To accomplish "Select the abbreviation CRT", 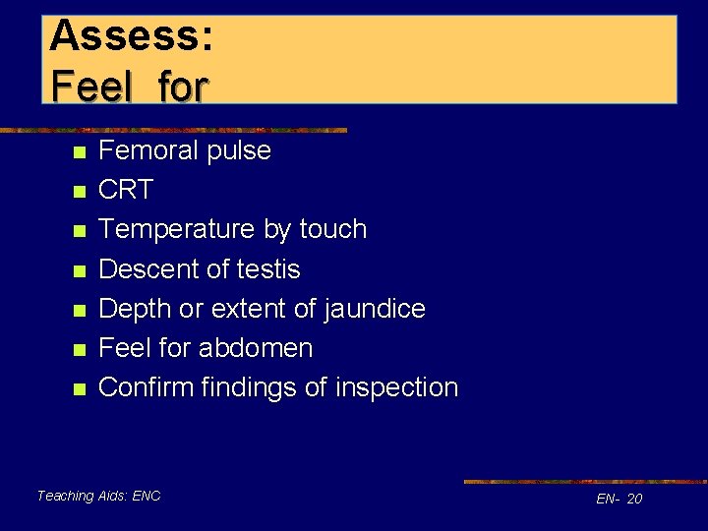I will tap(126, 190).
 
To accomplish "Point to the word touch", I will tap(329, 229).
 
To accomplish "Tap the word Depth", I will tap(137, 309).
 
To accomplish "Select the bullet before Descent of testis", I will tap(80, 270).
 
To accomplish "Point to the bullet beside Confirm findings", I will tap(80, 388).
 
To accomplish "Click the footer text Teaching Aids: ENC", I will tap(98, 496).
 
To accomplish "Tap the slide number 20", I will tap(634, 499).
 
